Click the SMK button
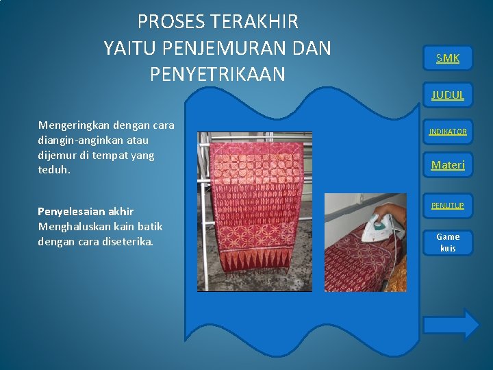point(448,58)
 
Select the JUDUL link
point(448,95)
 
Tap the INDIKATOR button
point(448,131)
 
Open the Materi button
point(448,164)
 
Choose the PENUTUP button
point(448,206)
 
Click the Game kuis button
point(448,242)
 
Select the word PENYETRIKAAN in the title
point(217,74)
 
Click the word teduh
point(53,170)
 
